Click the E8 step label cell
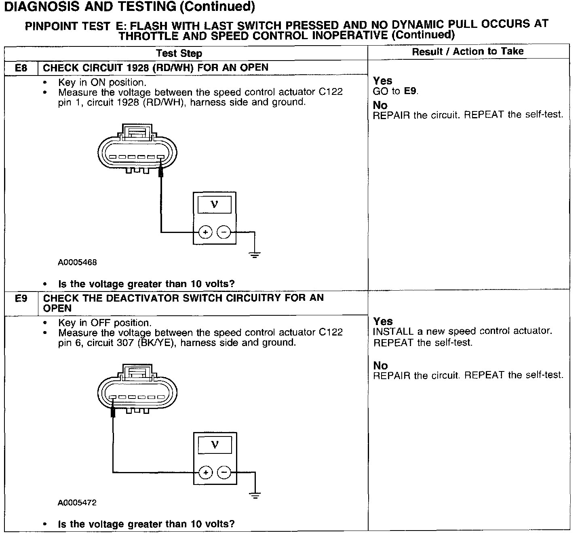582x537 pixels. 21,68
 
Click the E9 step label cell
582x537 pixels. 21,299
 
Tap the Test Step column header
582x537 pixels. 179,53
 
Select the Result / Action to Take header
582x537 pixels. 468,51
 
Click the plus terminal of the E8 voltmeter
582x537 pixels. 205,232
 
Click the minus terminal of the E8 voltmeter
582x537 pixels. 224,232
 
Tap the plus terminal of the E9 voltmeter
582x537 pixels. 205,472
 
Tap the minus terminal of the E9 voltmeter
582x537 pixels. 224,472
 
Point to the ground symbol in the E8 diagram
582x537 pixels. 255,255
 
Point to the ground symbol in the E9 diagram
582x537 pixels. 255,495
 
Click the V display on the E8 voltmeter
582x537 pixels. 215,205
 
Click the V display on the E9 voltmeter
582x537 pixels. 215,445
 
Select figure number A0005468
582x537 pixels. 77,262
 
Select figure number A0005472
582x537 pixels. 77,503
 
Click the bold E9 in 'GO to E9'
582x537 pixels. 410,91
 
